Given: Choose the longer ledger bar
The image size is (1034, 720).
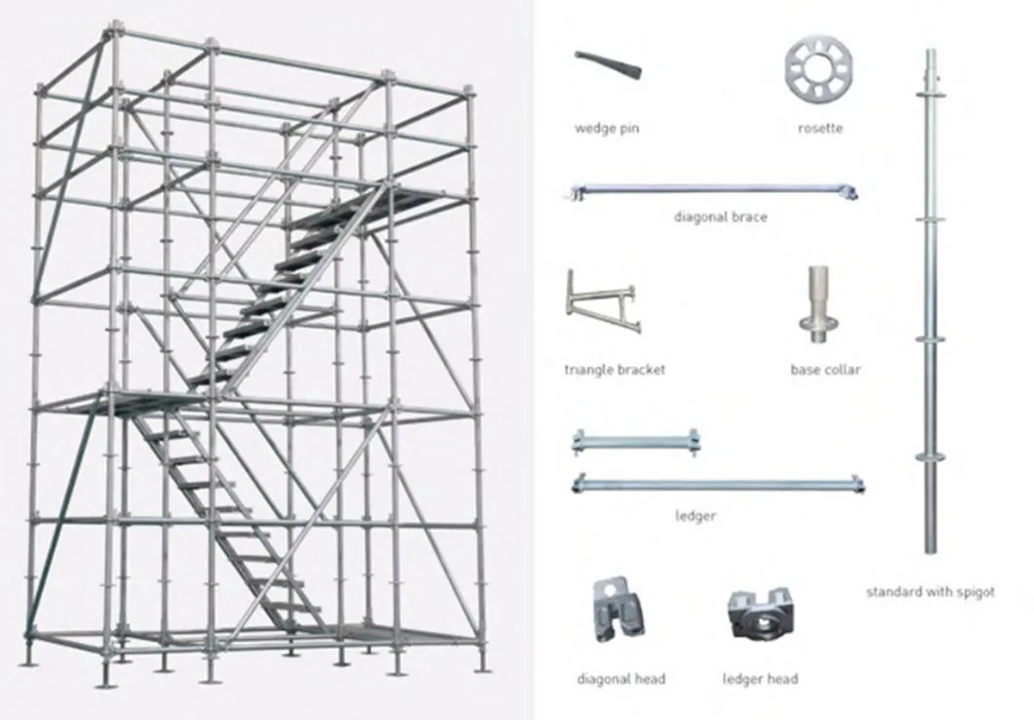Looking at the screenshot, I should pyautogui.click(x=719, y=483).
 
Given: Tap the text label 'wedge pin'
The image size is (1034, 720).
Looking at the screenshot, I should pyautogui.click(x=607, y=129).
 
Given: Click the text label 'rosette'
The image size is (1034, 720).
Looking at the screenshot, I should pyautogui.click(x=818, y=128).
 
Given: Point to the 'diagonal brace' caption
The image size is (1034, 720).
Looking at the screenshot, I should pyautogui.click(x=720, y=217).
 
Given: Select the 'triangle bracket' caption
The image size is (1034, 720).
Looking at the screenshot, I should pyautogui.click(x=615, y=370).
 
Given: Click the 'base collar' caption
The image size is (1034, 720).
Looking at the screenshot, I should pyautogui.click(x=825, y=370).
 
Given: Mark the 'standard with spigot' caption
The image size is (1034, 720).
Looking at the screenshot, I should pyautogui.click(x=930, y=592).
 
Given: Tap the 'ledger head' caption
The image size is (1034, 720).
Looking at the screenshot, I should pyautogui.click(x=760, y=678).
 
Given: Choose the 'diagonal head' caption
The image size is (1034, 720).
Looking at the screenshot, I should pyautogui.click(x=621, y=678).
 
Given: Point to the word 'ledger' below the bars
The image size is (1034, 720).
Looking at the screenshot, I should pyautogui.click(x=695, y=515).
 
